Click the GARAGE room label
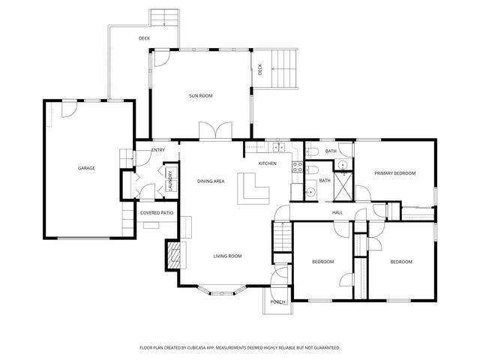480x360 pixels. pos(86,168)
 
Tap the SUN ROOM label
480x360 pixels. pos(200,96)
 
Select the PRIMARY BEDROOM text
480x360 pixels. pos(394,173)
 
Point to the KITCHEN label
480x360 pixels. pos(268,163)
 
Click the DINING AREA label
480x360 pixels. pos(211,181)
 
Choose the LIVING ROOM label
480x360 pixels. pos(227,256)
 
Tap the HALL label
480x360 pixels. pos(337,212)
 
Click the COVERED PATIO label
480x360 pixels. pos(157,213)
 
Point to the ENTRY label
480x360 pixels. pos(158,151)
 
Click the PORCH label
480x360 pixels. pos(278,301)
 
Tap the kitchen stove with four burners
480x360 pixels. pos(296,166)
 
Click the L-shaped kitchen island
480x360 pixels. pos(252,188)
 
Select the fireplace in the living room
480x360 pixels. pos(173,255)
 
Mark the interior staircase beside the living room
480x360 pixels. pos(282,239)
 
